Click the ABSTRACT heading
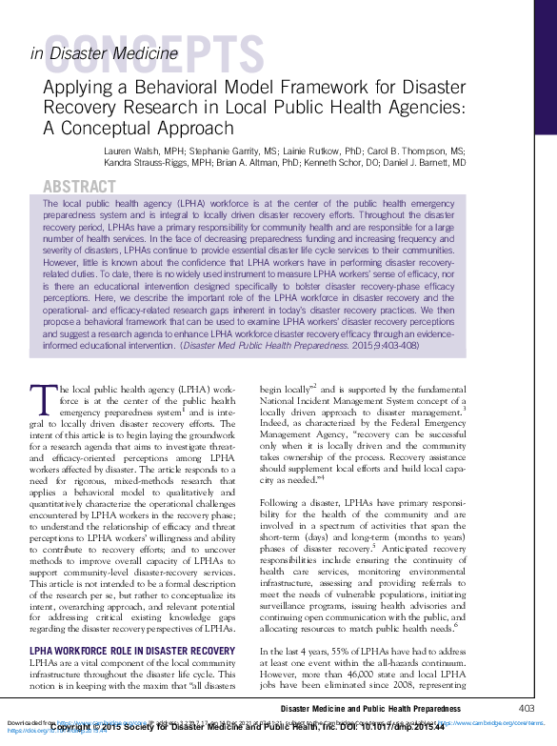81,186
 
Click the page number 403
526,708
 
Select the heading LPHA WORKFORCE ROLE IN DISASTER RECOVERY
132,652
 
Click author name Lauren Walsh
132,151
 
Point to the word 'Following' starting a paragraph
283,502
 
